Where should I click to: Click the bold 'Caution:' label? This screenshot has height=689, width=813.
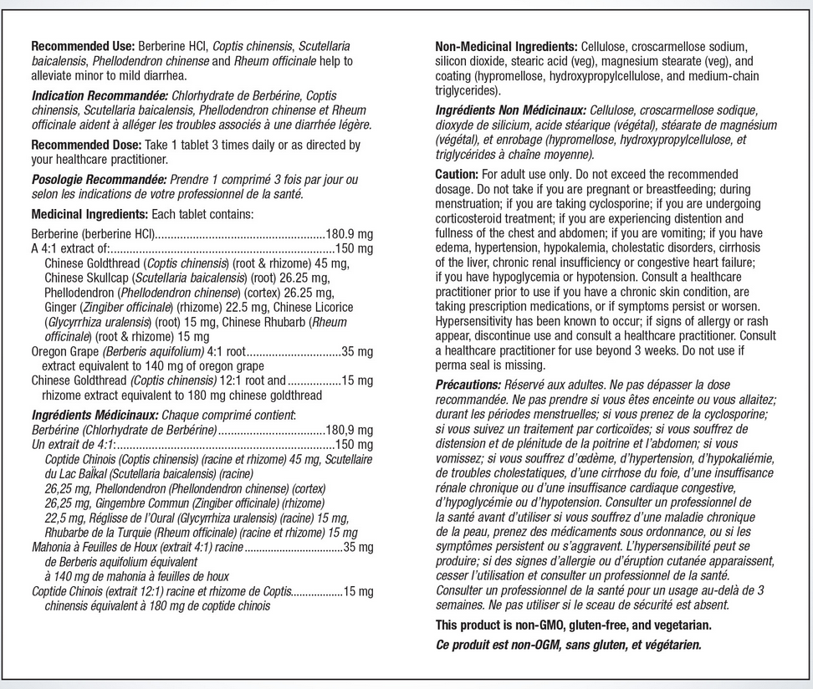(x=457, y=175)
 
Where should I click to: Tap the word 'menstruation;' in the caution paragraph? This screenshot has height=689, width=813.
(x=472, y=204)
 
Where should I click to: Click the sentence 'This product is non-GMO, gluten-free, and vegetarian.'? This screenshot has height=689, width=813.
(x=573, y=625)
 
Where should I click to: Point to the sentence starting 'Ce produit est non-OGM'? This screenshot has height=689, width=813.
(x=568, y=645)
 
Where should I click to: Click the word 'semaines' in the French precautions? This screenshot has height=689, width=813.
(x=461, y=605)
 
